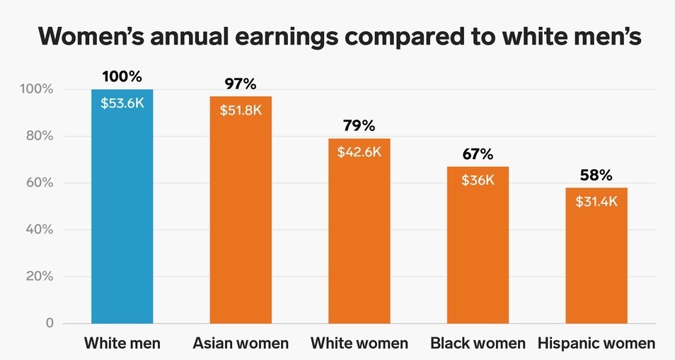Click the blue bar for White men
click(122, 212)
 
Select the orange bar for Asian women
click(241, 219)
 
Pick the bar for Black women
click(478, 255)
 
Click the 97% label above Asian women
click(241, 84)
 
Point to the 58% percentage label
click(596, 175)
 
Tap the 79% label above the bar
click(359, 126)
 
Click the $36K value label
click(478, 180)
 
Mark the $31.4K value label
click(596, 202)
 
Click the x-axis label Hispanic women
click(596, 344)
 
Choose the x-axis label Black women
click(478, 344)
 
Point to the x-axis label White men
click(122, 344)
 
